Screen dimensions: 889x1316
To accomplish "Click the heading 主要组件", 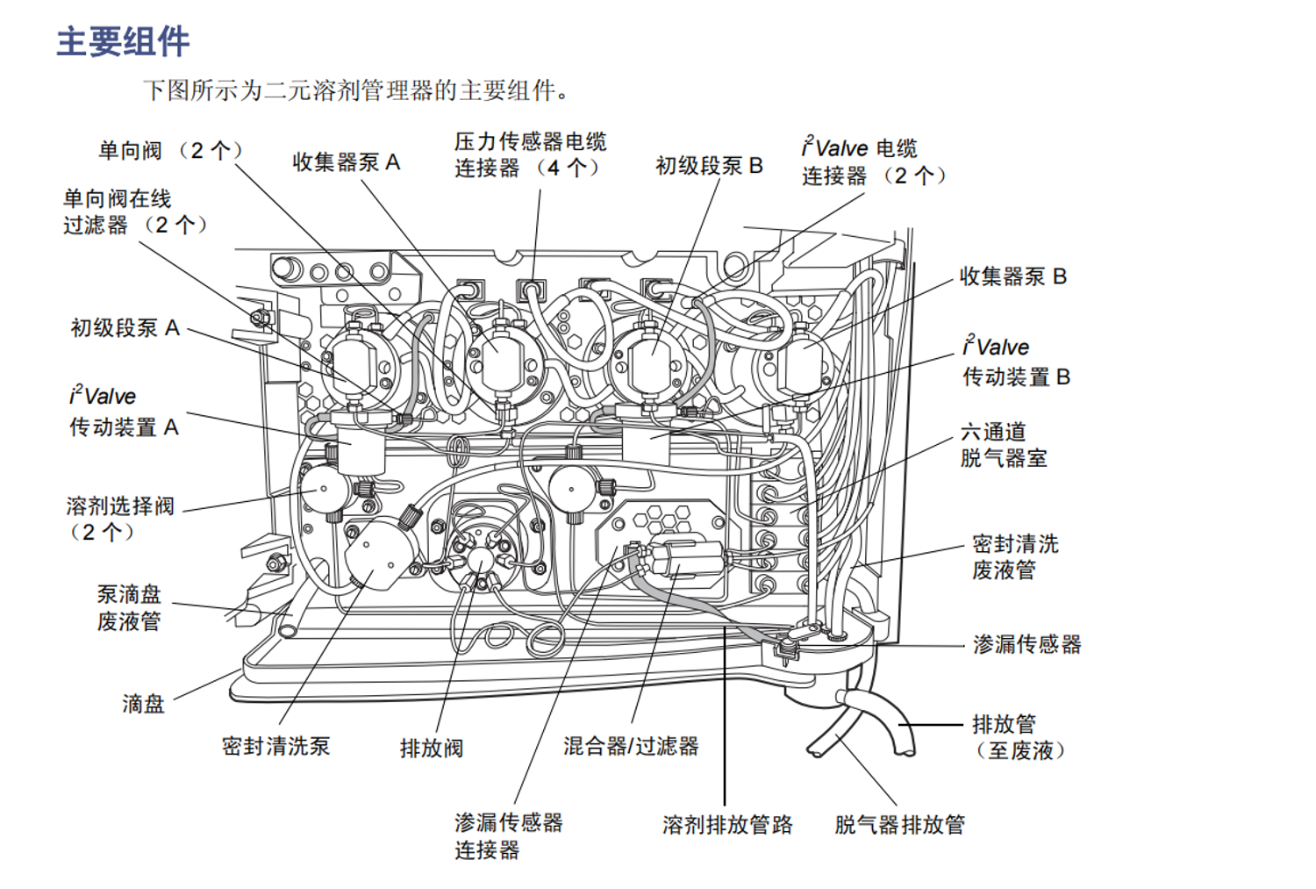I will (123, 41).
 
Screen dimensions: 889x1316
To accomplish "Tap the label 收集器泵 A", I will (346, 162).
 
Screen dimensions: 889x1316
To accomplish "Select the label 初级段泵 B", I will (709, 166).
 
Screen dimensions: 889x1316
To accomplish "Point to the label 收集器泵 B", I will (1012, 276).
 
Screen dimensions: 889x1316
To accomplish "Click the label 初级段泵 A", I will (125, 328).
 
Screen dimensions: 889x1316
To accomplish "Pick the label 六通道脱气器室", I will (1003, 445).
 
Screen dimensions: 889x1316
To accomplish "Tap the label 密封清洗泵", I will (275, 747).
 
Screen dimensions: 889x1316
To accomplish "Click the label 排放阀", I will (431, 749).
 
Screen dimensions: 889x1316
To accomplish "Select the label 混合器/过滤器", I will (631, 747).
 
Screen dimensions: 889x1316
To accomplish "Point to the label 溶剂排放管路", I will (727, 825).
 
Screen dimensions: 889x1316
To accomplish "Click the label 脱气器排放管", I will (899, 825).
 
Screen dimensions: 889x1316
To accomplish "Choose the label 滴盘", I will (143, 704).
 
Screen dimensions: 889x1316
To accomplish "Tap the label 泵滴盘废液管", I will (129, 608).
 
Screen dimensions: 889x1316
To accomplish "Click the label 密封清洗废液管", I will (1015, 557).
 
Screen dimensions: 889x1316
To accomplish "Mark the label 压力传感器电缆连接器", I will (530, 154).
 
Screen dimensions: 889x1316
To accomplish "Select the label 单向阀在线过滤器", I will (134, 212).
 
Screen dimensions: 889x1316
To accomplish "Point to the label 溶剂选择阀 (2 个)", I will (120, 519).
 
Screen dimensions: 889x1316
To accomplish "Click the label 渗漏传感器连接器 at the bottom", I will (508, 836).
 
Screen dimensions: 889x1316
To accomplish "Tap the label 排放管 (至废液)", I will (1018, 737).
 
